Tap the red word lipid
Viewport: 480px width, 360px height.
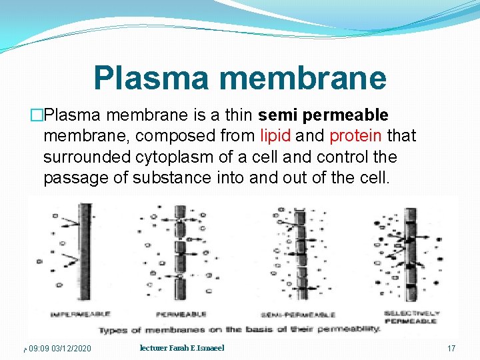pos(275,136)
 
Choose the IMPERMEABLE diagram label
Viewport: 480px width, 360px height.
pos(79,313)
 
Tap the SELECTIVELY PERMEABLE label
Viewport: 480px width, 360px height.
pos(411,317)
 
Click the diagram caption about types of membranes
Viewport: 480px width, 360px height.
pos(239,329)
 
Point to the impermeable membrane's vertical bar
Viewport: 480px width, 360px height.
pos(86,253)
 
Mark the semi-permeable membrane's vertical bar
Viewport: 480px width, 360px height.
pos(302,253)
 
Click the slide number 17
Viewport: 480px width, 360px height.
pos(451,349)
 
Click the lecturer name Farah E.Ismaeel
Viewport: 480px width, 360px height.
pos(181,348)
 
